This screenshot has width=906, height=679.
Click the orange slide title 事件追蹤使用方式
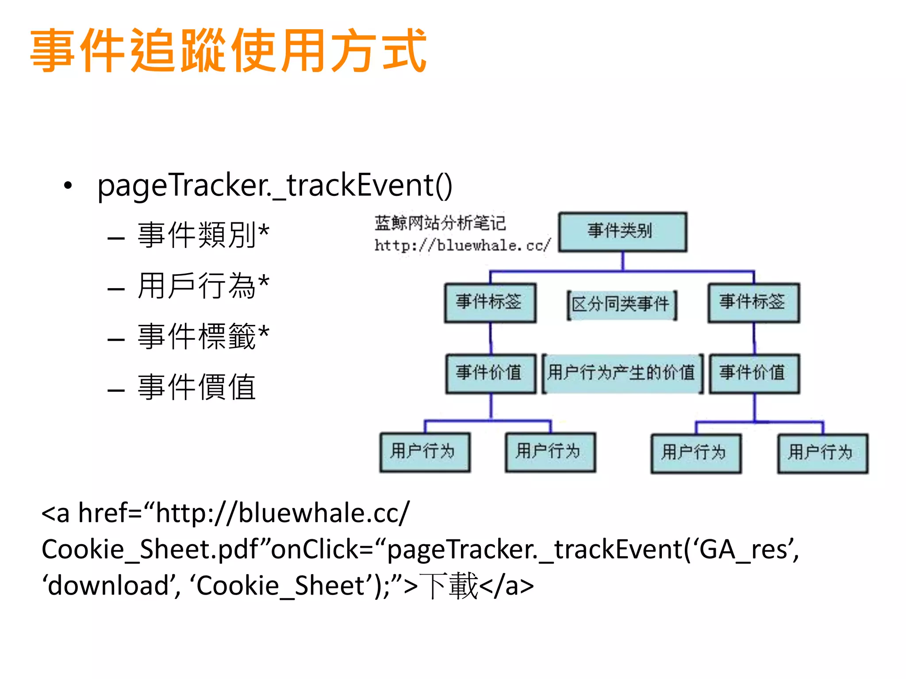pyautogui.click(x=228, y=50)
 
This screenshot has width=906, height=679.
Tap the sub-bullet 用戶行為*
pyautogui.click(x=203, y=286)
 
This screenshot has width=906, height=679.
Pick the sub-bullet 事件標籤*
pyautogui.click(x=203, y=336)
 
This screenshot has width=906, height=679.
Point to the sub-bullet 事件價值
pyautogui.click(x=196, y=387)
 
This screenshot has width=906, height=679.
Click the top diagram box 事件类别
pyautogui.click(x=622, y=232)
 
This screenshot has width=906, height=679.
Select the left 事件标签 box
pyautogui.click(x=490, y=302)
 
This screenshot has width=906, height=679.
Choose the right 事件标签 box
pyautogui.click(x=753, y=302)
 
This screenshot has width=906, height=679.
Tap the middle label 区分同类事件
pyautogui.click(x=621, y=305)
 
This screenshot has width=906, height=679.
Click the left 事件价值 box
pyautogui.click(x=490, y=373)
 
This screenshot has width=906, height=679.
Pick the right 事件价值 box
pyautogui.click(x=754, y=373)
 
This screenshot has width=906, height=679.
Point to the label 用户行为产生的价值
pyautogui.click(x=622, y=373)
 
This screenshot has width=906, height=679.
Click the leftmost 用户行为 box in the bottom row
pyautogui.click(x=424, y=452)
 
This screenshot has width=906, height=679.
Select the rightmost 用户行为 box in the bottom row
pyautogui.click(x=822, y=453)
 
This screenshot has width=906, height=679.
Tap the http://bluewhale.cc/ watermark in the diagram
pyautogui.click(x=462, y=246)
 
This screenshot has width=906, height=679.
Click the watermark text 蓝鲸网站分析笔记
pyautogui.click(x=440, y=223)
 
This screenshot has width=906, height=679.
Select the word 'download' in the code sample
pyautogui.click(x=109, y=586)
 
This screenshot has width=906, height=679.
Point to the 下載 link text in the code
pyautogui.click(x=449, y=586)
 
